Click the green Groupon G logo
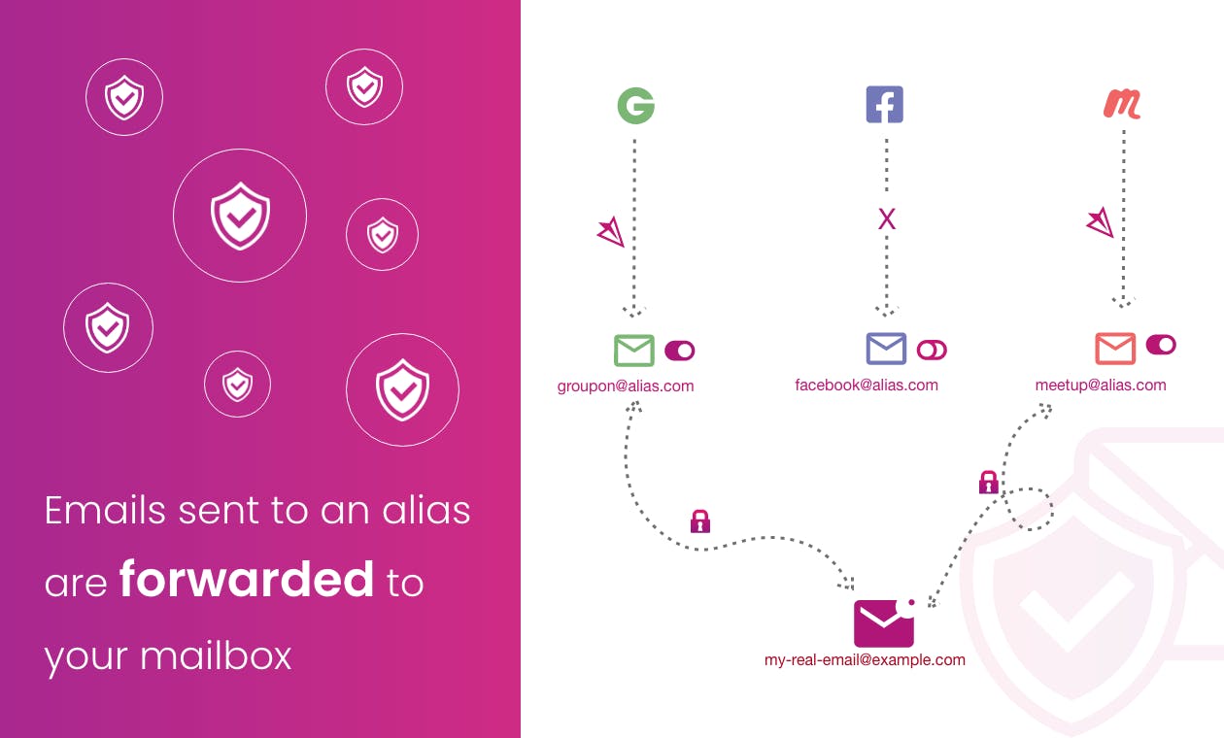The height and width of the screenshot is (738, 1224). [x=636, y=106]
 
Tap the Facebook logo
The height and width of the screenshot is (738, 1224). [x=885, y=104]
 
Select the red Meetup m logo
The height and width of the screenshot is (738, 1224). [x=1122, y=104]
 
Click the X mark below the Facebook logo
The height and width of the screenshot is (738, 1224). [x=887, y=219]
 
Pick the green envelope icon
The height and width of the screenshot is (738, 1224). [x=633, y=351]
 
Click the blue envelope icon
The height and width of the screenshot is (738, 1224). [x=886, y=349]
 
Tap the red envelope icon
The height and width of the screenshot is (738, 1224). [x=1115, y=348]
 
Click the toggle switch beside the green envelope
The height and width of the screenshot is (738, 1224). [x=680, y=351]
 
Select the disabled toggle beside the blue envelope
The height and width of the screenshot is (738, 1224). [x=932, y=350]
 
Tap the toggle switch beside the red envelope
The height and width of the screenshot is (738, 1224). [x=1161, y=345]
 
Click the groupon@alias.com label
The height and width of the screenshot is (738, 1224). [x=626, y=386]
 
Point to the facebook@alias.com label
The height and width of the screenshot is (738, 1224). [x=867, y=386]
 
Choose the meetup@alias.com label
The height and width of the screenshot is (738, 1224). [x=1101, y=386]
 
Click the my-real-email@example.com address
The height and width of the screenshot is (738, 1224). [x=865, y=660]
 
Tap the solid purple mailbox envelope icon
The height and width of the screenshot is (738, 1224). [x=884, y=622]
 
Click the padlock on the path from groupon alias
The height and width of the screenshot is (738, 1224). [x=700, y=521]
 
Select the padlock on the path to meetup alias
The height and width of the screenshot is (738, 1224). [x=989, y=483]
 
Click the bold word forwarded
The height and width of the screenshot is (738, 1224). [x=247, y=579]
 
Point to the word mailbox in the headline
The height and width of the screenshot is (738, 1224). [x=216, y=655]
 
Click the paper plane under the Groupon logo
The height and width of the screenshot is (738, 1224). [x=611, y=232]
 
